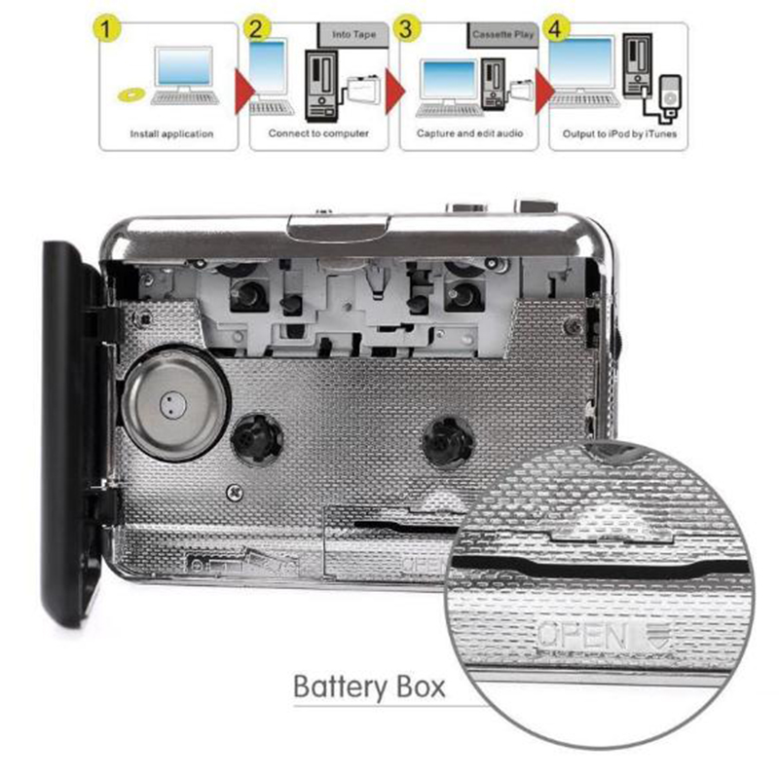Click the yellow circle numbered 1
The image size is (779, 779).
pos(106,28)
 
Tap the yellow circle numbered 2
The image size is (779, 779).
pos(256,28)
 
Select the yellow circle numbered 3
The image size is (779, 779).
pos(406,28)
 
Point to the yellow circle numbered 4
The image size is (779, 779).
pos(555,28)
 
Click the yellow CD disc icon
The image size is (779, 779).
pos(131,94)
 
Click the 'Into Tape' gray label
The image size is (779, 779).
pos(353,35)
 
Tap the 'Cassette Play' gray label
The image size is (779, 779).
pos(502,35)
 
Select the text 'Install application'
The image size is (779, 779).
pos(171,133)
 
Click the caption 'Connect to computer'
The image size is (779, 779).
pos(318,133)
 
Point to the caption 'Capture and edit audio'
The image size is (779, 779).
pos(469,133)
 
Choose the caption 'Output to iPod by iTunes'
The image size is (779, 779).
pos(619,133)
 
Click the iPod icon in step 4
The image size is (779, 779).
pos(670,96)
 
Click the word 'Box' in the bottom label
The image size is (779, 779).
pos(421,686)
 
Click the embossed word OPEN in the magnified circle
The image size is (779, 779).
pos(580,636)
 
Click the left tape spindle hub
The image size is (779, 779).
pos(257,440)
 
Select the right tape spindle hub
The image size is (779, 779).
pos(448,441)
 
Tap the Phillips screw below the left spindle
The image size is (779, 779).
pos(235,493)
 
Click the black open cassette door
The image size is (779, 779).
pos(74,431)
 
